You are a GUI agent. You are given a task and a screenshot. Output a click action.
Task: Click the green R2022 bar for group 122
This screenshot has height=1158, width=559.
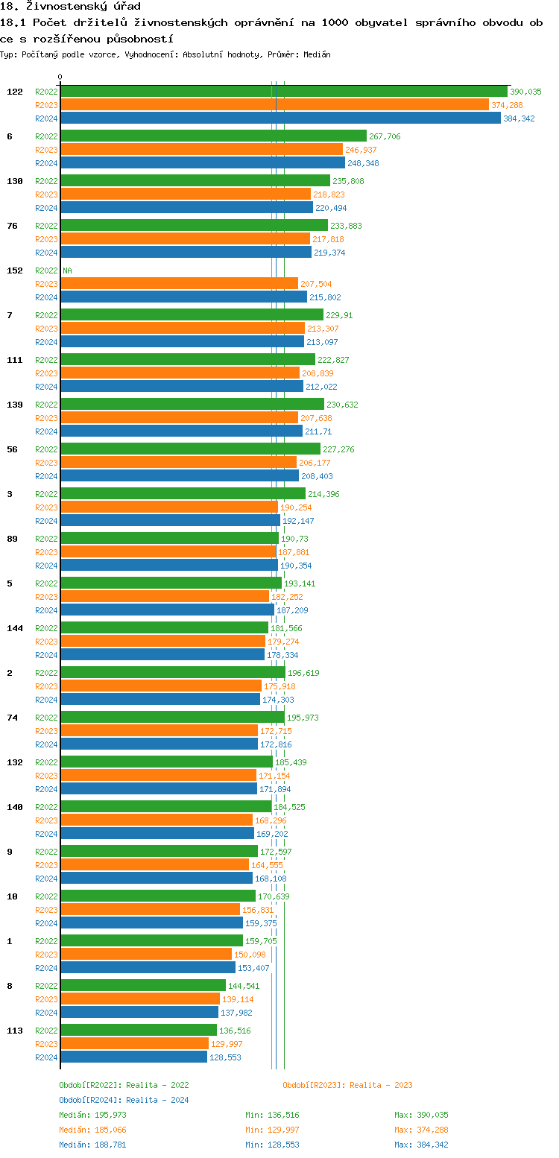click(283, 92)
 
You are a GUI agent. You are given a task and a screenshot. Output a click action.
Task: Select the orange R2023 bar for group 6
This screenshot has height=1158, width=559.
click(201, 150)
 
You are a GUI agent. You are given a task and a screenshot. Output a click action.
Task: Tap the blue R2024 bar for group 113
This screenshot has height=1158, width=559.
click(133, 1057)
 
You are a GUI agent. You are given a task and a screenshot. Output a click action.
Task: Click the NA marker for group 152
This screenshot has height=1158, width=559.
click(67, 270)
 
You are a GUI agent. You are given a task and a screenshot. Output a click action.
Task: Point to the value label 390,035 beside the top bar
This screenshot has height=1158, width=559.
click(525, 92)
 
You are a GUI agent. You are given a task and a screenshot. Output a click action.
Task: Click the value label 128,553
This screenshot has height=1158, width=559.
click(225, 1057)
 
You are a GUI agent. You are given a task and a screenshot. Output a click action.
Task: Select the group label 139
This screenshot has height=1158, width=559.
click(15, 405)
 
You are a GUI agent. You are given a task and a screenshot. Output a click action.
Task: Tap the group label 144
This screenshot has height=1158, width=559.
click(15, 628)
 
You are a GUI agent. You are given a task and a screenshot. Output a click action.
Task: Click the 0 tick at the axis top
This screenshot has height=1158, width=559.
click(60, 77)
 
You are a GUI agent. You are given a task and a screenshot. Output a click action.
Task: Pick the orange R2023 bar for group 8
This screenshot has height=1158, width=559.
click(140, 999)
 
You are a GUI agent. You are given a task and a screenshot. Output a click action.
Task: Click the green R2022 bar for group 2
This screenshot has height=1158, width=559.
click(172, 673)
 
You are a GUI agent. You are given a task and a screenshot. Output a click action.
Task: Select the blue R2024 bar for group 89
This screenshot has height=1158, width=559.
click(169, 566)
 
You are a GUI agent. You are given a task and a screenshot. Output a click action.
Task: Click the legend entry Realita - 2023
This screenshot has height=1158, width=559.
click(347, 1085)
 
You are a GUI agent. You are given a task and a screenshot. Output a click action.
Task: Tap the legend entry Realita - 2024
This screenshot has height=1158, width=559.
click(124, 1100)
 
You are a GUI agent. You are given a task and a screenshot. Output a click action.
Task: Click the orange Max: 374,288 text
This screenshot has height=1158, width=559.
click(421, 1130)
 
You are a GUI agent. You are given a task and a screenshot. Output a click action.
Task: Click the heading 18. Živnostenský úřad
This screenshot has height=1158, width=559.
click(70, 6)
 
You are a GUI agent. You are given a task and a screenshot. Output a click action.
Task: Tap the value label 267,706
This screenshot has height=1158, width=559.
click(385, 136)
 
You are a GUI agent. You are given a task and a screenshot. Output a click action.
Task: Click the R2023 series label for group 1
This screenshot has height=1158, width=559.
click(46, 955)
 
